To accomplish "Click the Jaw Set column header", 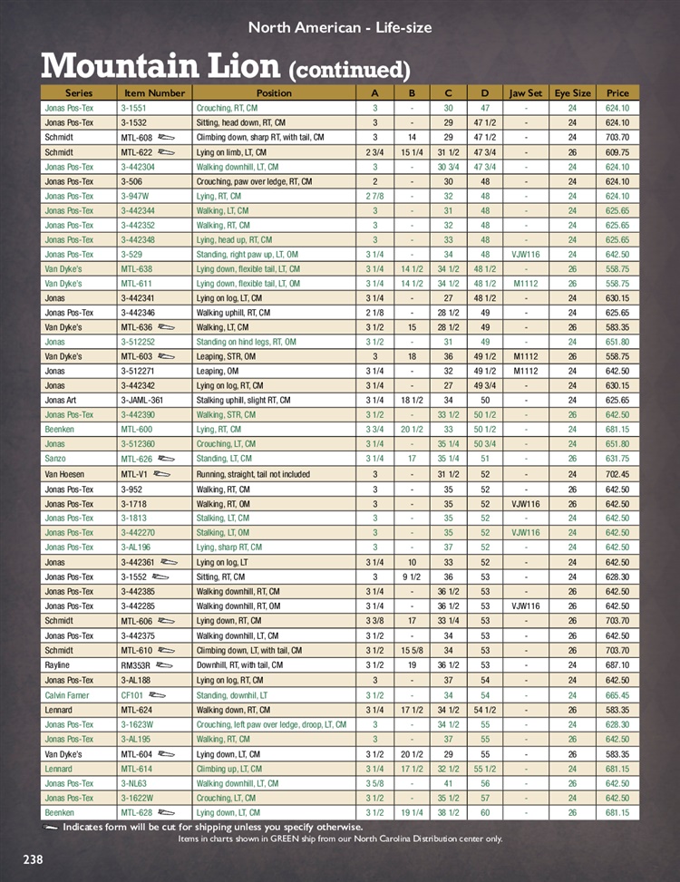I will pos(526,92).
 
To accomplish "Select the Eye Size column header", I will pos(572,92).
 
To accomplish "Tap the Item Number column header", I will pos(154,92).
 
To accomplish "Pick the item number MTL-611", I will pos(137,284).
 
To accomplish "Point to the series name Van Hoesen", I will pos(64,474).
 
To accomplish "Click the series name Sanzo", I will pos(57,460).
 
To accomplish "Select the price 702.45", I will pos(617,474).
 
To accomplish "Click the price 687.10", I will pos(617,664).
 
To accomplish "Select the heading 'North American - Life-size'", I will pos(340,28).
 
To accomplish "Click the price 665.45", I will pos(617,694).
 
